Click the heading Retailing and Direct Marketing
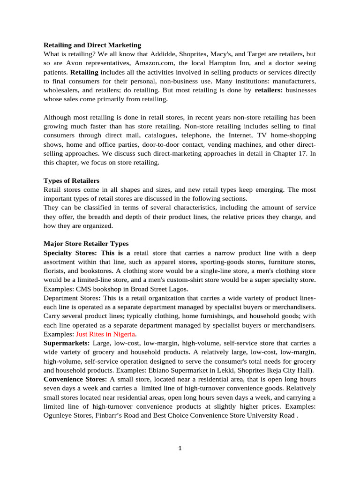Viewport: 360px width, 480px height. coord(92,45)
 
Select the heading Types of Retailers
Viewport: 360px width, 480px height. coord(71,180)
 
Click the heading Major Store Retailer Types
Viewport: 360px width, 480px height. coord(86,244)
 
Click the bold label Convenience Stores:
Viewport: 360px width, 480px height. coord(75,379)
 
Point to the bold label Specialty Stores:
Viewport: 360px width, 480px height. coord(71,253)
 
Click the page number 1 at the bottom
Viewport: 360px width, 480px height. coord(180,448)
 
